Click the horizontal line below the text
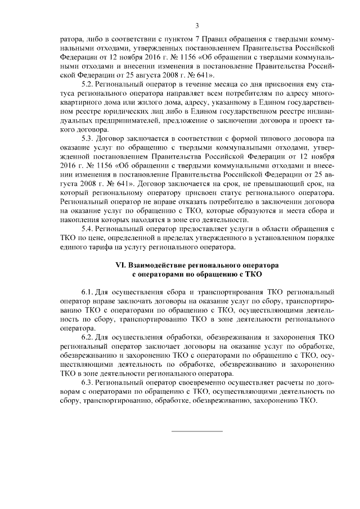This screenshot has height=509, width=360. [x=197, y=431]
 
